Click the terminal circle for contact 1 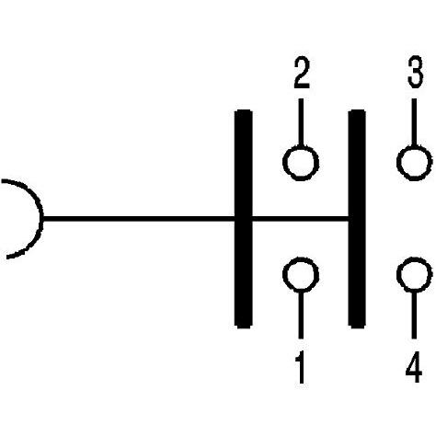pos(301,275)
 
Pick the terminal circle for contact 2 pos(301,163)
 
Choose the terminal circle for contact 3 pos(414,163)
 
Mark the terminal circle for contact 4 pos(414,275)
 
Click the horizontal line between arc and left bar pos(138,219)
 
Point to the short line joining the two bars pos(299,219)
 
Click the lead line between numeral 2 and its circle pos(301,123)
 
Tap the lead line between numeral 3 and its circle pos(414,123)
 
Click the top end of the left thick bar pos(243,114)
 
